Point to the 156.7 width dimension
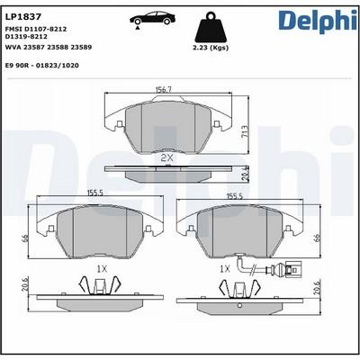[163, 90]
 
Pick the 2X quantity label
[166, 158]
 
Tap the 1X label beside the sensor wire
[224, 268]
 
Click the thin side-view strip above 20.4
[166, 167]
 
